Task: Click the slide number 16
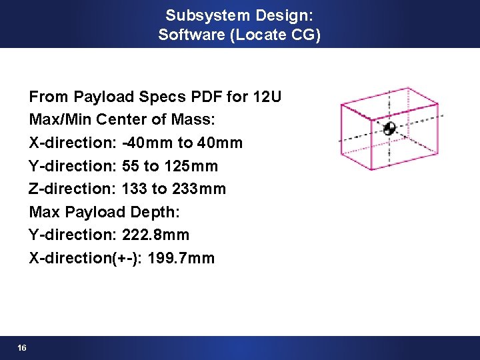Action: [x=22, y=348]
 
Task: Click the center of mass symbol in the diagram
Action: [x=390, y=128]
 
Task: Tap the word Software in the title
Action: [x=192, y=34]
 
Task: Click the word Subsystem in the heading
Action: [x=199, y=15]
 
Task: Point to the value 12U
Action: [x=267, y=97]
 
